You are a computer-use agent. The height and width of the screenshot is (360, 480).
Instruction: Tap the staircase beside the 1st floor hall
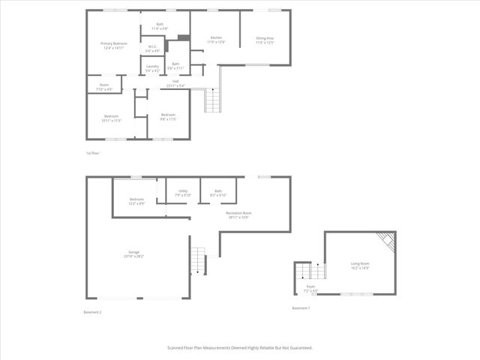214,100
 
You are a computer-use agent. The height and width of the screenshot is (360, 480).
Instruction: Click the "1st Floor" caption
93,153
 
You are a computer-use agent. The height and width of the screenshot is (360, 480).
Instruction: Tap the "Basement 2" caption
92,311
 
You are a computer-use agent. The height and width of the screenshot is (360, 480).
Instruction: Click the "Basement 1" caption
301,308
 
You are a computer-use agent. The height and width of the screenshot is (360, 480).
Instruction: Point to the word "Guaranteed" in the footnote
298,348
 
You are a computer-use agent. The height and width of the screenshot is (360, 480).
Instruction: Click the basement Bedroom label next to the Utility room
136,201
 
